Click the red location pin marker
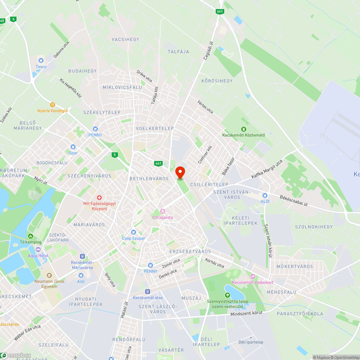pos(180,173)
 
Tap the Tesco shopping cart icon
pos(41,60)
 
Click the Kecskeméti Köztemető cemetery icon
pos(243,129)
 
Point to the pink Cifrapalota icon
pos(162,211)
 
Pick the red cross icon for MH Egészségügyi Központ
pos(99,198)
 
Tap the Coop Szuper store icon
pos(134,232)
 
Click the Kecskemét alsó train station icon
pos(148,292)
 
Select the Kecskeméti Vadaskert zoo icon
pos(252,276)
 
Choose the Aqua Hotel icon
pos(38,249)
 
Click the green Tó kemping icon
pos(31,236)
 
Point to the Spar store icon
pos(73,147)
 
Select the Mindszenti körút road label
pos(247,314)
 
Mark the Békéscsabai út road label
pos(294,202)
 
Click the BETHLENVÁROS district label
pos(149,179)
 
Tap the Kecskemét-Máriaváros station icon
pos(82,256)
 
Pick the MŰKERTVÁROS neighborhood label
pos(290,266)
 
